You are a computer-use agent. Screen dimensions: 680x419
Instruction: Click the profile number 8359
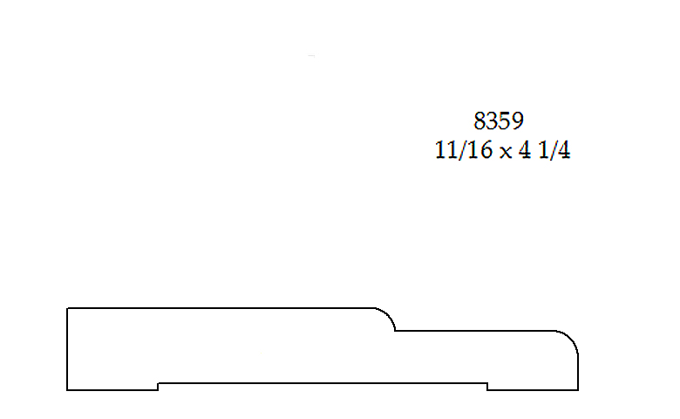coord(499,120)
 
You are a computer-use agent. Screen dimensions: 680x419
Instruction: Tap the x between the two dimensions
coord(506,153)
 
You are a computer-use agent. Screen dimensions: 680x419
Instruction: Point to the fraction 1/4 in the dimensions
coord(554,150)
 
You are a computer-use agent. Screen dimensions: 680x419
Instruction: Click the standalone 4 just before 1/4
coord(525,150)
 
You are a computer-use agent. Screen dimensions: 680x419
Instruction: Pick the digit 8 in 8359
coord(479,120)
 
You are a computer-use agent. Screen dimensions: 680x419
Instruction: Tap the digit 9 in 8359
coord(518,120)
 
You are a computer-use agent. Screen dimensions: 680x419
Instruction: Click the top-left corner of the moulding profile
coord(67,308)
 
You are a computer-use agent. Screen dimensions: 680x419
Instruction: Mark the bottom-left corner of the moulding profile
coord(67,390)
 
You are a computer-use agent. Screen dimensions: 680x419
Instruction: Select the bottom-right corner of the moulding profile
coord(578,390)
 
